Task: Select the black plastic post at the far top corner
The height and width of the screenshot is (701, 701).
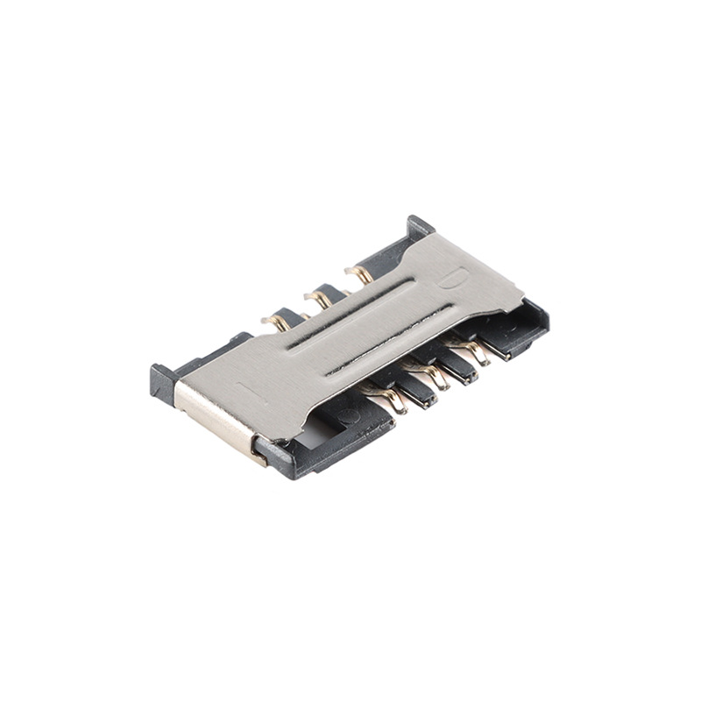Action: [420, 226]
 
